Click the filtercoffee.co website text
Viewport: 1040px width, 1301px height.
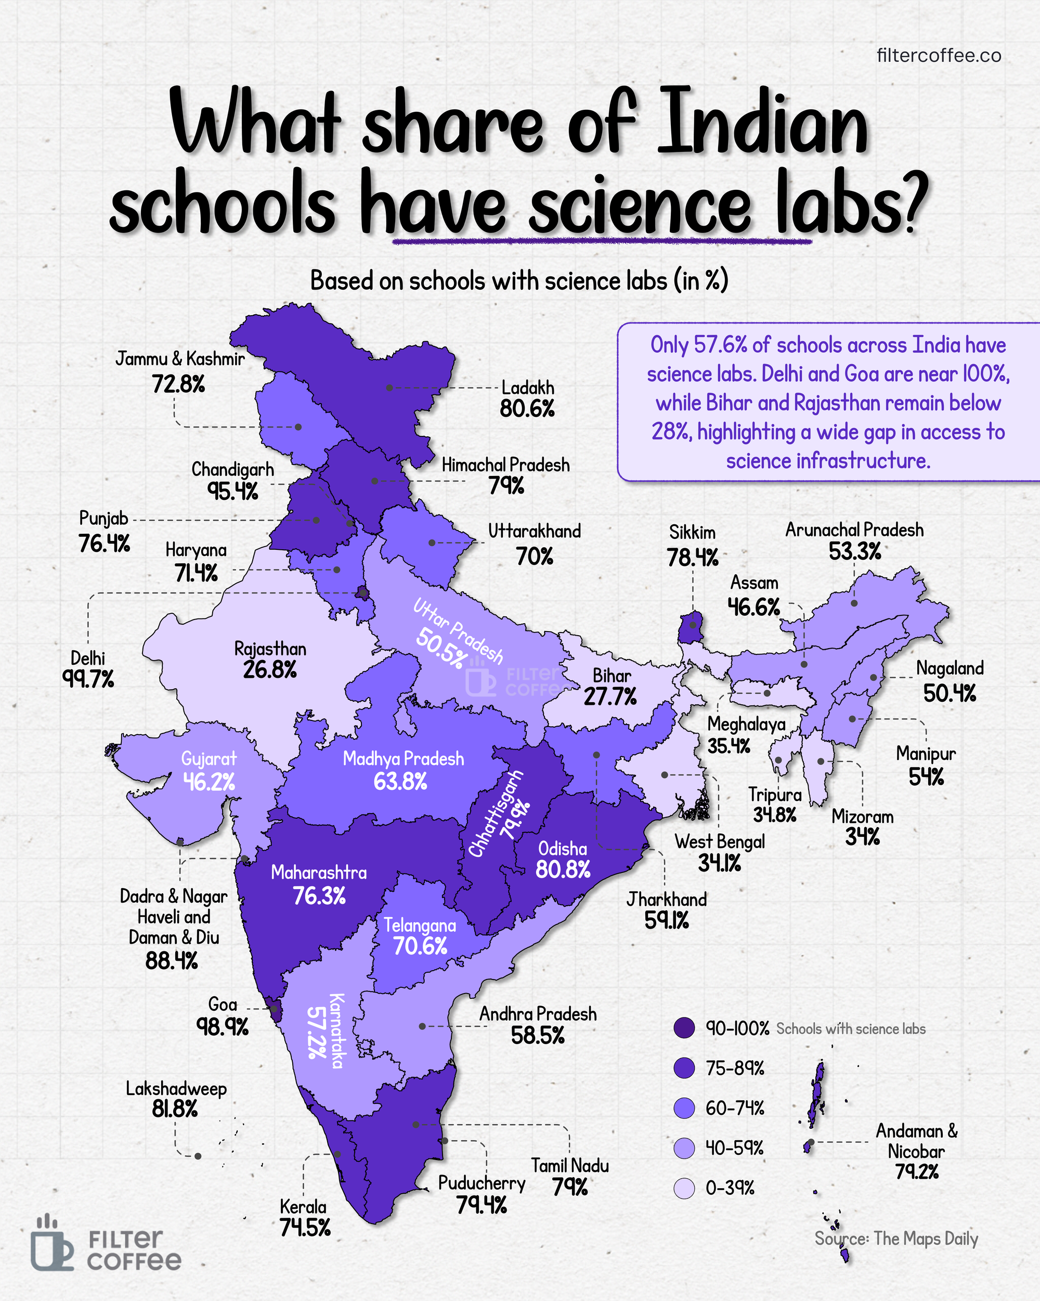click(939, 56)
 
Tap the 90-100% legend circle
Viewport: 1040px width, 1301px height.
click(684, 1028)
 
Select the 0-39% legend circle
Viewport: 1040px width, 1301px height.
click(684, 1188)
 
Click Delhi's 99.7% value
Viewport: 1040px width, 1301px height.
click(88, 679)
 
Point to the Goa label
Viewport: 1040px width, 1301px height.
click(223, 1004)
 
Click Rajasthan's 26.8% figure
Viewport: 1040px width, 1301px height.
click(270, 670)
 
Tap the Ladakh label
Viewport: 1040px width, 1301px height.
click(528, 388)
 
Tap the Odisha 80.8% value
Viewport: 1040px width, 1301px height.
click(563, 870)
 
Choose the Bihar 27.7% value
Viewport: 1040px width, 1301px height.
click(610, 697)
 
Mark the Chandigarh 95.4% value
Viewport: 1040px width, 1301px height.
click(233, 491)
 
